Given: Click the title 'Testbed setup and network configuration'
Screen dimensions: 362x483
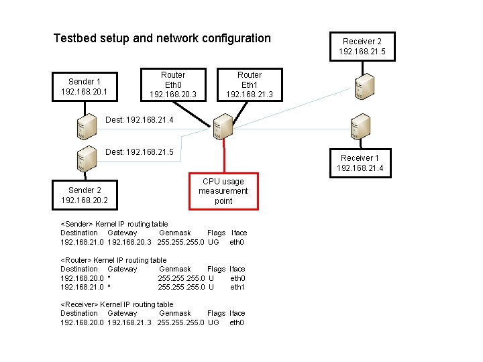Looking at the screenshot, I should click(162, 38).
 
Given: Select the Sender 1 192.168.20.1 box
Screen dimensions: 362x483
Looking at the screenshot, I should click(84, 86).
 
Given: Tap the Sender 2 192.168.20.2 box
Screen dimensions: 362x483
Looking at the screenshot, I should click(84, 195).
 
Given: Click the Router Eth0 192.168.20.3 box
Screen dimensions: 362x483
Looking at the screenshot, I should click(173, 85).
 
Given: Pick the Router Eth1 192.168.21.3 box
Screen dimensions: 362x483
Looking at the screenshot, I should click(250, 85).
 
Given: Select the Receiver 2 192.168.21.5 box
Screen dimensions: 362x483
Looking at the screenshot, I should click(362, 46).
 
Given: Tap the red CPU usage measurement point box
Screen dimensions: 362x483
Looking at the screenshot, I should click(223, 191).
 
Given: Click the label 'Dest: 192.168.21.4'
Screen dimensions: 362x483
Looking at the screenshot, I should click(140, 121).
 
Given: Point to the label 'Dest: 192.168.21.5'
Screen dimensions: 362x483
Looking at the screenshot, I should click(140, 153).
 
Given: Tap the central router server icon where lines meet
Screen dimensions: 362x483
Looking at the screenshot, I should click(221, 127).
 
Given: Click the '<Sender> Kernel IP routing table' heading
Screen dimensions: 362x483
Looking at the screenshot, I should click(114, 224).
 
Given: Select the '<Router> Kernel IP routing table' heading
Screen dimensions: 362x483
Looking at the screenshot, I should click(113, 260).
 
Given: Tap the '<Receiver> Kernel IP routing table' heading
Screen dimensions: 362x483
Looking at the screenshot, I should click(117, 304).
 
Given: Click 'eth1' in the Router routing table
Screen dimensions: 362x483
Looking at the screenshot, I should click(237, 287).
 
